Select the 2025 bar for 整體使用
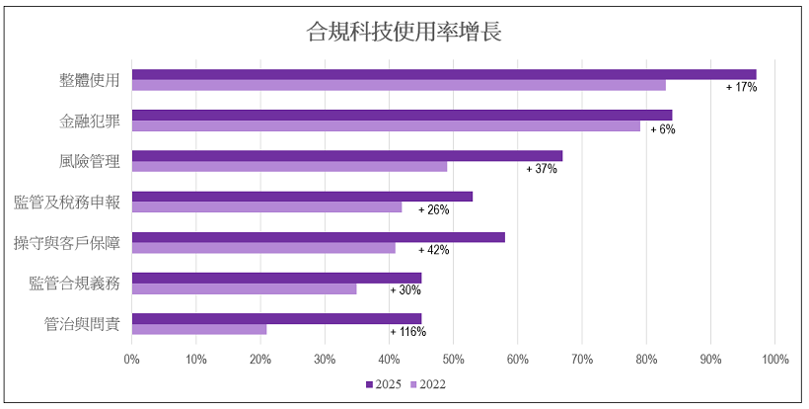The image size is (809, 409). [x=444, y=74]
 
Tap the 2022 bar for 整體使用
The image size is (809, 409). [x=399, y=85]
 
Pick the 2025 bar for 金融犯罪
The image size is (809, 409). [x=402, y=115]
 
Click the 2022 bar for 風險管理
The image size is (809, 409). [x=289, y=166]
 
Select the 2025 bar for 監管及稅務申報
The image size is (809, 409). [x=302, y=196]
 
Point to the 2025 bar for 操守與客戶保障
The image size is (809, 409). [x=318, y=237]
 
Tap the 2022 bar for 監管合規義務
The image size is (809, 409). [x=244, y=288]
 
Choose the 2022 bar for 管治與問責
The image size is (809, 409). [x=199, y=329]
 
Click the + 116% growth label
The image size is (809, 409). [x=407, y=332]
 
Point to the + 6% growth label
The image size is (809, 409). [x=662, y=128]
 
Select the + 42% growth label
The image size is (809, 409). [x=433, y=250]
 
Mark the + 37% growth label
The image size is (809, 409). [x=542, y=169]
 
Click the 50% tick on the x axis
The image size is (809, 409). [x=453, y=359]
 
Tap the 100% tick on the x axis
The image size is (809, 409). [x=773, y=359]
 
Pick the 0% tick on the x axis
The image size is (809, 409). [x=132, y=359]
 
